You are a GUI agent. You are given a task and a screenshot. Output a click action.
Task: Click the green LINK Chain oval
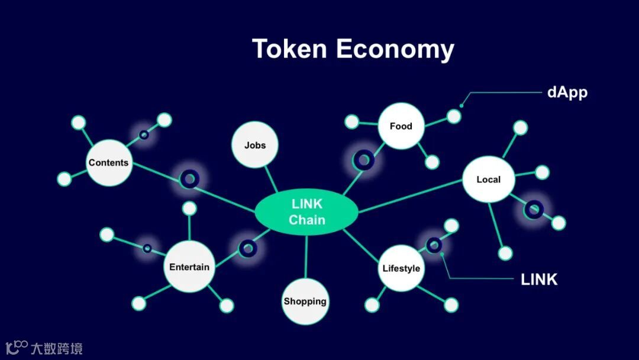(x=306, y=212)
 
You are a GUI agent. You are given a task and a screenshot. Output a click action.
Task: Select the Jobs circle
(x=255, y=145)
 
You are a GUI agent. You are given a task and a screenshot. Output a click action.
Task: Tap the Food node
(x=401, y=126)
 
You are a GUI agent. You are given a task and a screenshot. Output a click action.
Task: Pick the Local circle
(x=488, y=179)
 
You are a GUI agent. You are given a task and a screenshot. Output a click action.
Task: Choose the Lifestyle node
(x=401, y=268)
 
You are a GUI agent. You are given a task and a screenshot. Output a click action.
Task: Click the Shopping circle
(x=305, y=301)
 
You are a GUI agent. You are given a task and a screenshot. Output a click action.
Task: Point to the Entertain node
(x=189, y=267)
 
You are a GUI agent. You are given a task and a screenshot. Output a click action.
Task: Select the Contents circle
(x=108, y=163)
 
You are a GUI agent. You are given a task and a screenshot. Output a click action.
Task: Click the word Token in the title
(x=289, y=48)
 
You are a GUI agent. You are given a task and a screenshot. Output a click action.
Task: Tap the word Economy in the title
(x=395, y=49)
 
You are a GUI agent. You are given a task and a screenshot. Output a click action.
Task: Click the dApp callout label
(x=567, y=93)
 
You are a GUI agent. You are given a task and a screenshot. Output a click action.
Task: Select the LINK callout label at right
(x=539, y=279)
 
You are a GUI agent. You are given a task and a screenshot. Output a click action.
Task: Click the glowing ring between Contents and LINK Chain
(x=189, y=178)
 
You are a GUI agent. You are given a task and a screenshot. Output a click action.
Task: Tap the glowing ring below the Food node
(x=363, y=159)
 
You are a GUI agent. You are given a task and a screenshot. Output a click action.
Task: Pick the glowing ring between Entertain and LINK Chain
(x=247, y=249)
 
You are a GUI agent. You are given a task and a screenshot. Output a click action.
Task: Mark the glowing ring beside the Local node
(x=533, y=209)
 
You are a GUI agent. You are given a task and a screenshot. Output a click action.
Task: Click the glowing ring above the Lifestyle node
(x=434, y=245)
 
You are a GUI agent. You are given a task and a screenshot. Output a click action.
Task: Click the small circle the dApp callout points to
(x=454, y=116)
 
